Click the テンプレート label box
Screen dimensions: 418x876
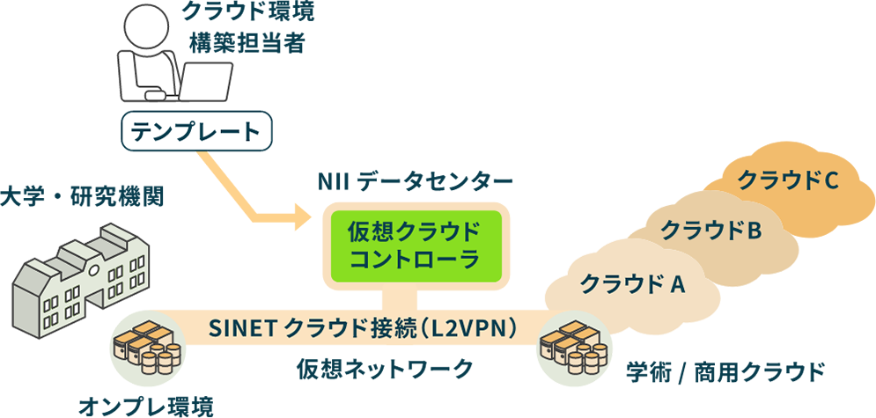(195, 132)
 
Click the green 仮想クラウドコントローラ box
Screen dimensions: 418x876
(415, 246)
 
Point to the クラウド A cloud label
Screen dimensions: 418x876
(632, 283)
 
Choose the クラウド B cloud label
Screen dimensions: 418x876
(710, 231)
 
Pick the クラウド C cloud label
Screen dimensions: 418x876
(785, 180)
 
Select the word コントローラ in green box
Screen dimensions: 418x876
(415, 260)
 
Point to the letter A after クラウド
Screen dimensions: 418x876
(678, 283)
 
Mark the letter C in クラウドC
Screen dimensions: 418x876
(828, 180)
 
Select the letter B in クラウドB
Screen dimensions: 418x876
(754, 231)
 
